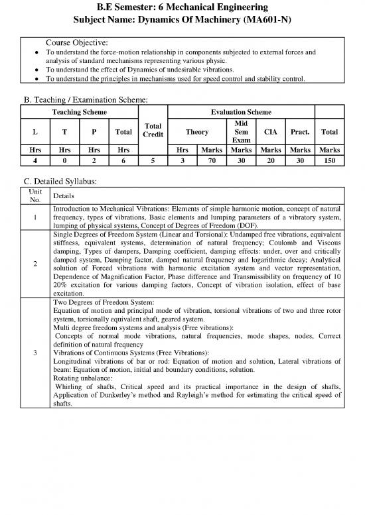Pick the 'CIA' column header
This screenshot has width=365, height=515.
click(x=270, y=131)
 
